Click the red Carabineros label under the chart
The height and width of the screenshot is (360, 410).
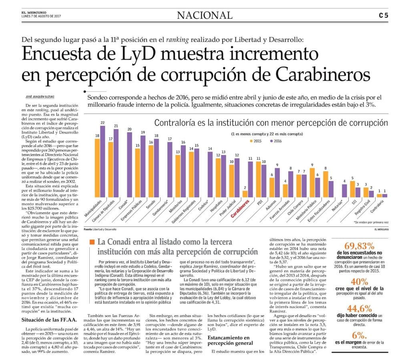pyautogui.click(x=240, y=208)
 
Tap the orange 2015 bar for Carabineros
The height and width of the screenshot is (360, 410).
pyautogui.click(x=245, y=194)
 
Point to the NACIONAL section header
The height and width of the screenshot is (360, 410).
pyautogui.click(x=205, y=15)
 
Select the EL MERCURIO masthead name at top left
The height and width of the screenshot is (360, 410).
pyautogui.click(x=34, y=12)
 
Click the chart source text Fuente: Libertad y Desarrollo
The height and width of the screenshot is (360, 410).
pyautogui.click(x=100, y=229)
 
